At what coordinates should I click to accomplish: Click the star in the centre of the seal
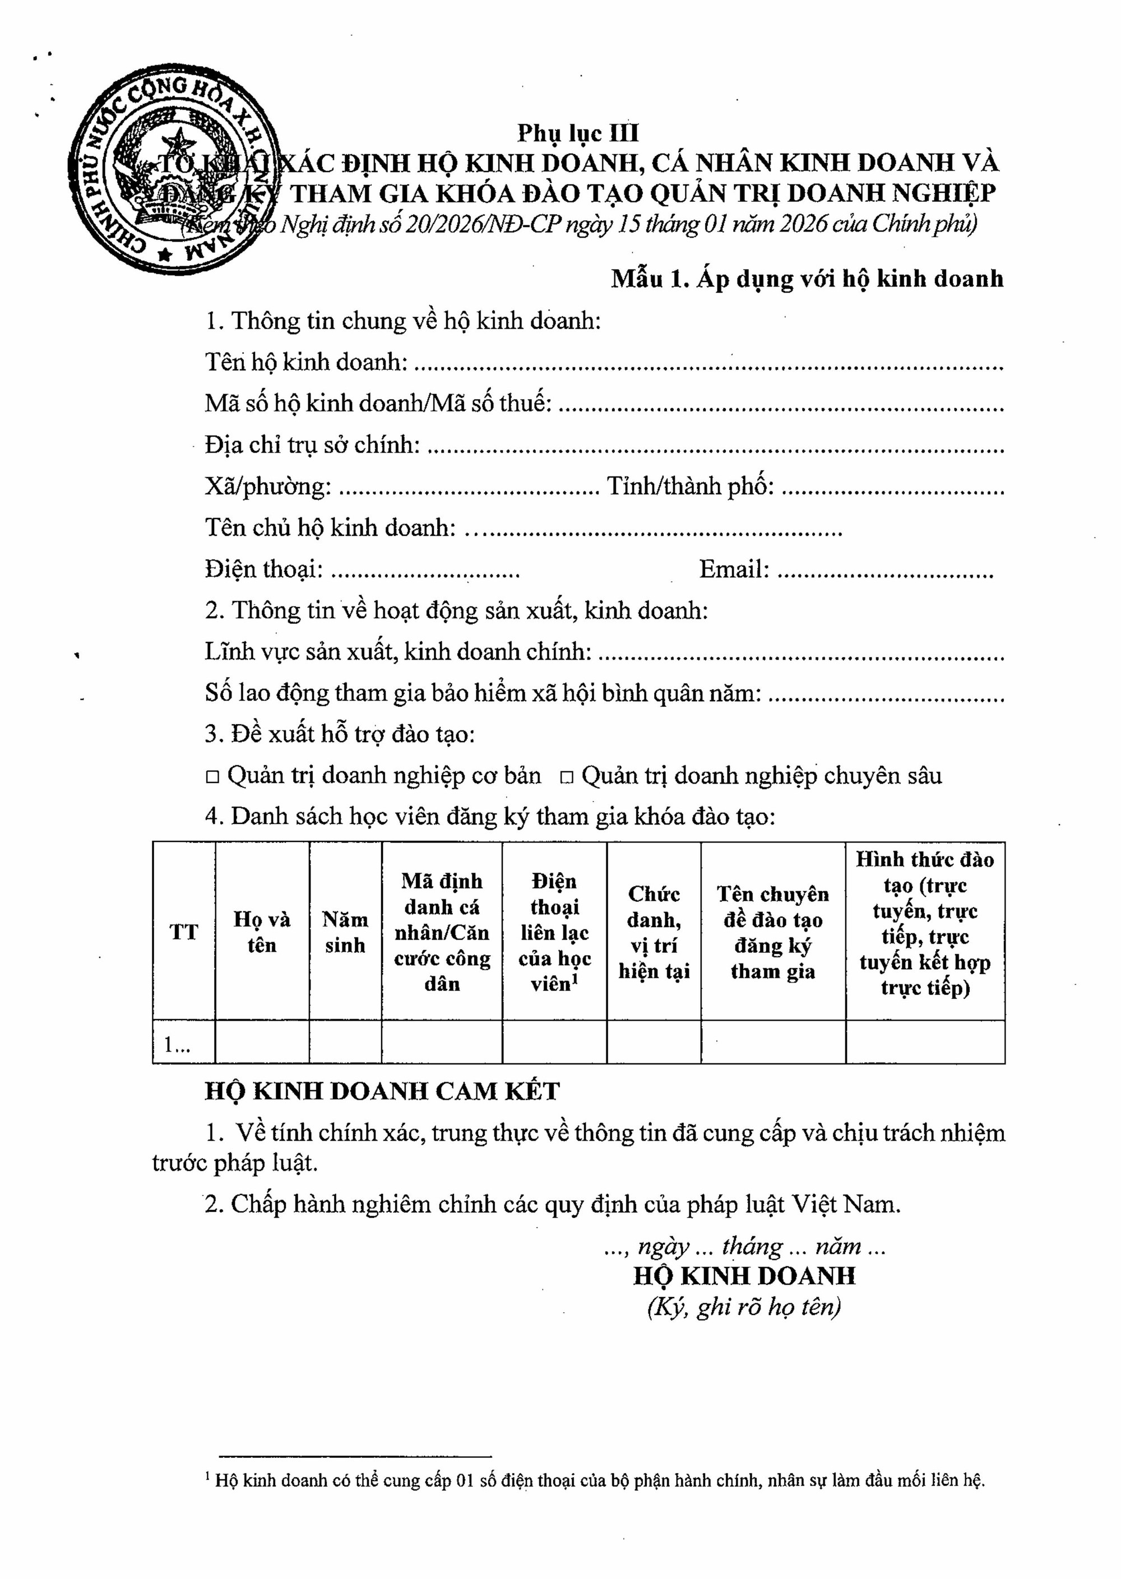point(183,144)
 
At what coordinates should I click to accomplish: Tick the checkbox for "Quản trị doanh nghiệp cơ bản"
point(212,777)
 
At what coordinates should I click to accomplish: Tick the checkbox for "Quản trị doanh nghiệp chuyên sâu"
point(566,777)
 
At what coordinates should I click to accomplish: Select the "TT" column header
point(184,932)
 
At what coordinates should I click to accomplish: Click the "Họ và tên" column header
point(262,932)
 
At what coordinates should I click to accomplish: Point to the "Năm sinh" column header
point(345,932)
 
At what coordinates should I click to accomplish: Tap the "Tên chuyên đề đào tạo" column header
point(772,932)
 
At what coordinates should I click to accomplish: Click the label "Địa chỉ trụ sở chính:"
point(312,445)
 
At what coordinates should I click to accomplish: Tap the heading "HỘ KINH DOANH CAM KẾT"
point(382,1091)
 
